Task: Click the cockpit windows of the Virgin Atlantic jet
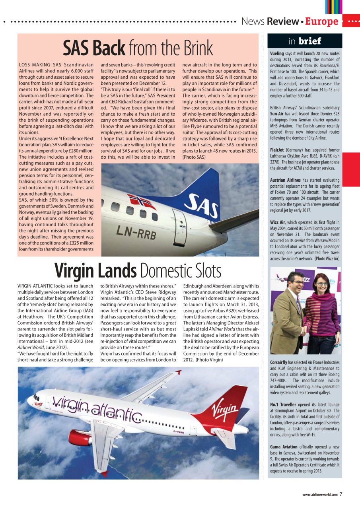click(37, 397)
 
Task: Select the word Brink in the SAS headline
click(198, 49)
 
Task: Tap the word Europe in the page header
click(322, 21)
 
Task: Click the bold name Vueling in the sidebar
click(277, 53)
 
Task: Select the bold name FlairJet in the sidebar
click(277, 150)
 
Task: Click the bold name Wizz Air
click(278, 223)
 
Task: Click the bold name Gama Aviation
click(284, 447)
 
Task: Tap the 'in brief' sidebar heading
click(305, 41)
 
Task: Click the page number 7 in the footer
click(341, 494)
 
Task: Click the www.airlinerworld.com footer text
click(320, 495)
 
